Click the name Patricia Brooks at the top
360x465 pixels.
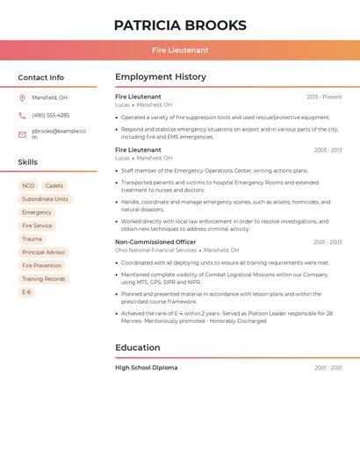point(180,25)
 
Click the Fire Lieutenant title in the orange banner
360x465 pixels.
point(180,50)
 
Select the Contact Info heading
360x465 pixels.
point(41,77)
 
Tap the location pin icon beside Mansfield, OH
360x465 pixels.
point(22,97)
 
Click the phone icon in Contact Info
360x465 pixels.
point(22,116)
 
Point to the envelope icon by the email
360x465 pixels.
point(22,134)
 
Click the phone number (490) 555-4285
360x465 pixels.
point(51,116)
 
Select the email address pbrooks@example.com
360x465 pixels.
point(58,133)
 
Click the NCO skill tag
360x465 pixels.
point(28,186)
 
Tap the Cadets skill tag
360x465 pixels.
point(54,186)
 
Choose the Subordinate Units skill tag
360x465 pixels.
point(45,199)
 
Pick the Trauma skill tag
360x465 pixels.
point(32,239)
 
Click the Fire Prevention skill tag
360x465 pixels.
point(42,265)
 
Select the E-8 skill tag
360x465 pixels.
point(26,292)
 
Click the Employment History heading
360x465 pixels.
point(161,77)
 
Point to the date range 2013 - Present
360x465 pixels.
point(324,97)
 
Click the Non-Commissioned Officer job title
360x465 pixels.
point(155,242)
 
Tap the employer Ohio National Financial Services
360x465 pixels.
point(155,250)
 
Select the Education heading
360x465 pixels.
point(137,347)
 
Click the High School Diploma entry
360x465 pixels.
point(146,368)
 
